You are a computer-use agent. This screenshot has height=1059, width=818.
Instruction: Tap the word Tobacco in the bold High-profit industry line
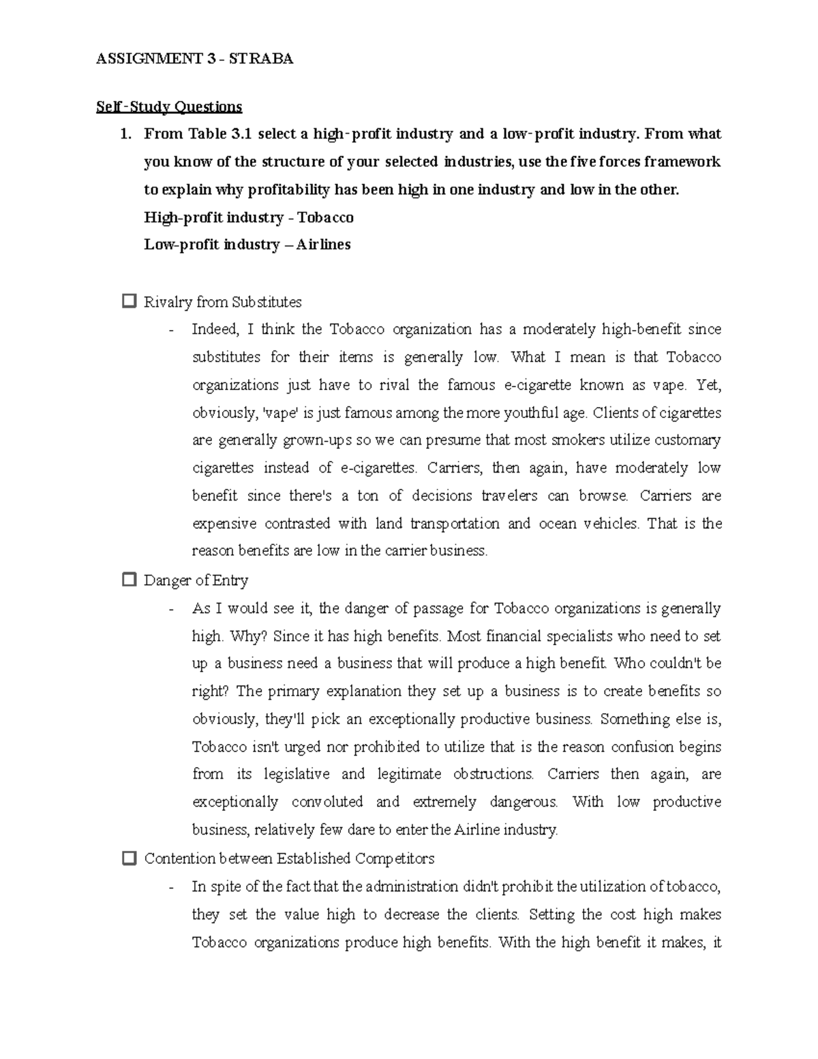point(326,218)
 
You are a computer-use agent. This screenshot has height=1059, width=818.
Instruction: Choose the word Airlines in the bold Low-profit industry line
point(323,245)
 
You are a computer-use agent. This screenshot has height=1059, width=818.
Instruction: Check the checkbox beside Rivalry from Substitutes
point(128,301)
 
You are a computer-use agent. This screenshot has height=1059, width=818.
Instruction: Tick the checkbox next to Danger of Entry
point(128,580)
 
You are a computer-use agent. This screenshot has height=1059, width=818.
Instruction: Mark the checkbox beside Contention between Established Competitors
point(128,858)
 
